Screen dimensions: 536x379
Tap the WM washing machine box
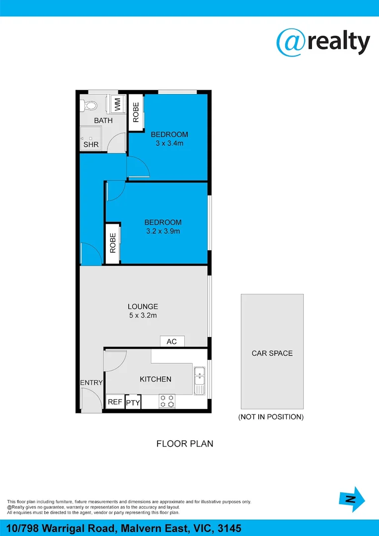point(118,104)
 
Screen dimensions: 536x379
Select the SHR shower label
point(91,145)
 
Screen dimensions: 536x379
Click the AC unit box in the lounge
point(172,341)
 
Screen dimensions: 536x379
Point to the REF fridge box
point(115,402)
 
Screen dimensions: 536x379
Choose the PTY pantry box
point(133,403)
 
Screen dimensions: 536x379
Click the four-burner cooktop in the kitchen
point(167,401)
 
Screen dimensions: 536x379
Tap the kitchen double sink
point(199,380)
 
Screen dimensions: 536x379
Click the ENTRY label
point(91,383)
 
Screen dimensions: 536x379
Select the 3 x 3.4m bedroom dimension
point(169,143)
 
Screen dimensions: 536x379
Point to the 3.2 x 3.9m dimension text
point(162,231)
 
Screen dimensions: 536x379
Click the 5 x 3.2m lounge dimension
point(143,315)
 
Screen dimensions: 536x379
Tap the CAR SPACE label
point(272,353)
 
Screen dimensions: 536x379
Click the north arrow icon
point(352,500)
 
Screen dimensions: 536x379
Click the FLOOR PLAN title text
point(185,444)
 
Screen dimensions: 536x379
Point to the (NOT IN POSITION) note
point(271,417)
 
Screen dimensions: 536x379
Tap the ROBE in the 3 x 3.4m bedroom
point(136,112)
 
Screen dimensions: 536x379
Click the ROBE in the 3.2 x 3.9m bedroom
point(113,243)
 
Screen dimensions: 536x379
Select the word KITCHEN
point(155,379)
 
